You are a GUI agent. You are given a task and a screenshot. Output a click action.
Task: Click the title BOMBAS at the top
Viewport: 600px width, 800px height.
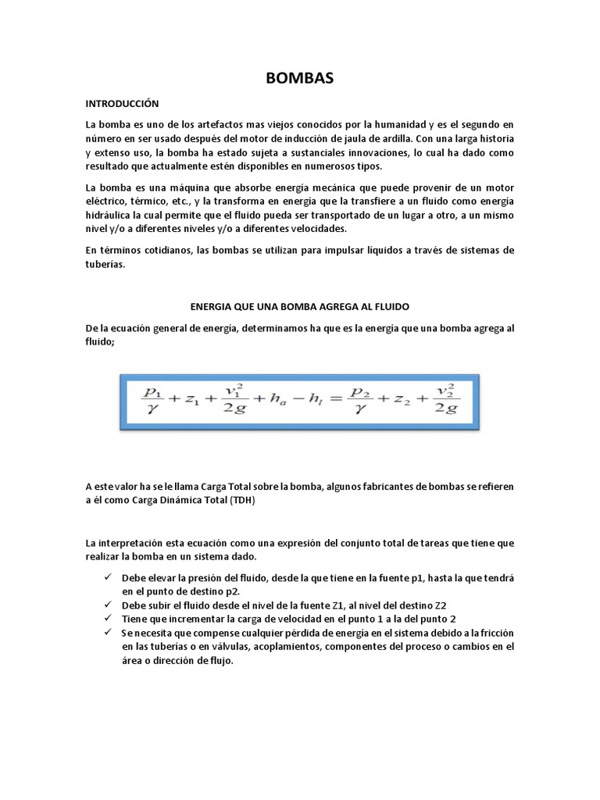tap(300, 78)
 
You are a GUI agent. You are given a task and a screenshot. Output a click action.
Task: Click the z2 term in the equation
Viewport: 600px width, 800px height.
tap(400, 401)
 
